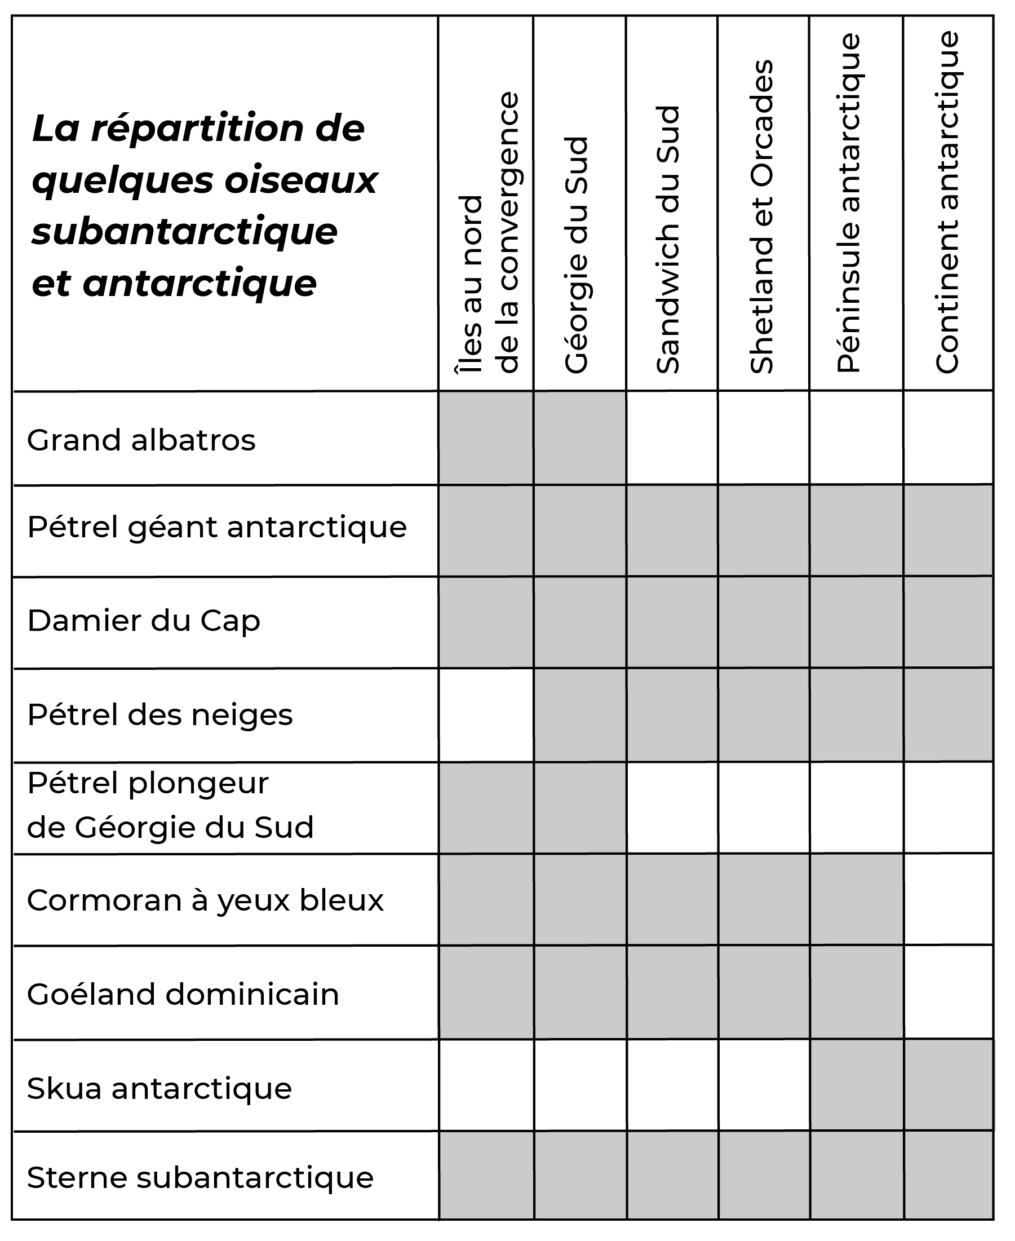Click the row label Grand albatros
[x=141, y=440]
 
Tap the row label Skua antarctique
[x=159, y=1088]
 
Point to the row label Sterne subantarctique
[x=200, y=1177]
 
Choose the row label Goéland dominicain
[x=183, y=994]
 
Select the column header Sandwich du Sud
[x=668, y=240]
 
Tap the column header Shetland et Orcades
[x=761, y=217]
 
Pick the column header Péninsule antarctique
[x=849, y=203]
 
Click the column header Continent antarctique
[x=947, y=202]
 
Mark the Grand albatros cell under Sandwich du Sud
[x=672, y=438]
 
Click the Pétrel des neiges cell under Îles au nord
[x=486, y=714]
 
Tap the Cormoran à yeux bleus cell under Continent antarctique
[x=948, y=900]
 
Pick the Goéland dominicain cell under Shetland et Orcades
[x=764, y=993]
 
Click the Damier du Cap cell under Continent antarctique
[x=948, y=622]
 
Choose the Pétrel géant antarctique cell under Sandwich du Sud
[x=672, y=531]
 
